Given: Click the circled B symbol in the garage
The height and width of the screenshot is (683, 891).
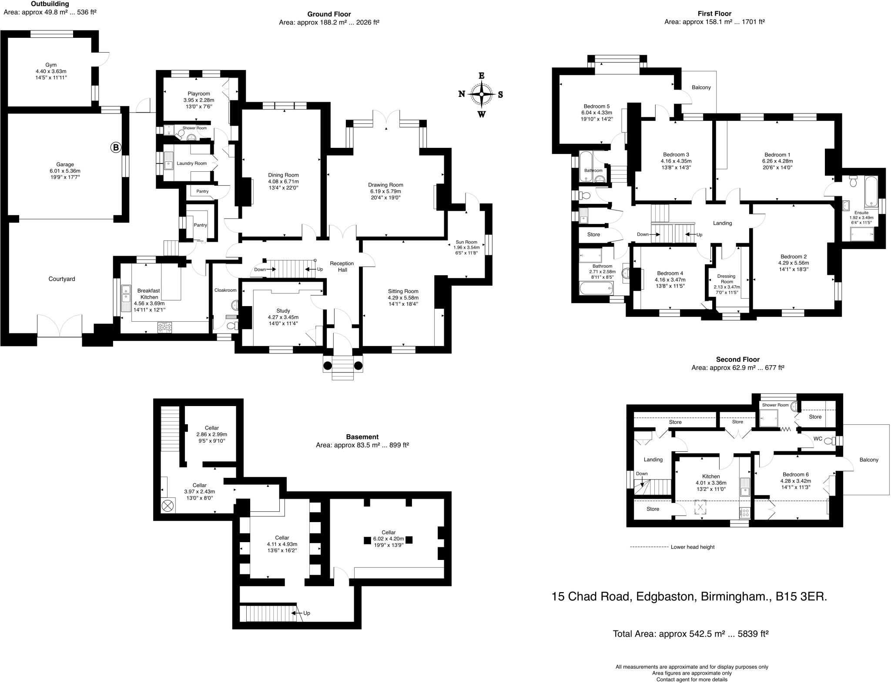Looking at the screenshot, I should pos(115,148).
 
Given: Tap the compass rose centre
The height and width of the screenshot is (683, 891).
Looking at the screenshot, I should pos(482,94).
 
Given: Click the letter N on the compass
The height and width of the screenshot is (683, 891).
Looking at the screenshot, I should pos(462,94).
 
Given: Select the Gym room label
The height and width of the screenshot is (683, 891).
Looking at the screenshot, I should pos(51,65).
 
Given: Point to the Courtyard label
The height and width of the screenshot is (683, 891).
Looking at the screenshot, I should pos(62,279).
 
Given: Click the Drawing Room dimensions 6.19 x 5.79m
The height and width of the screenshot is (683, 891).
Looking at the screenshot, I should pos(385,191).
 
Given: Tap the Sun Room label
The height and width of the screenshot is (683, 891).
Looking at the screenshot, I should pos(466,242).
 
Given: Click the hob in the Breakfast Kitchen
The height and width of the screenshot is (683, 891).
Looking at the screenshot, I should pos(166,327).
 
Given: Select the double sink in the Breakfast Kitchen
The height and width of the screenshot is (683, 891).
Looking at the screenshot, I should pos(126,298).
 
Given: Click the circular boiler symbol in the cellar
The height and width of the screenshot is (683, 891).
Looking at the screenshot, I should pos(167,506).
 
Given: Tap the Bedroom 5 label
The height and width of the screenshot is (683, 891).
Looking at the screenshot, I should pos(596,106).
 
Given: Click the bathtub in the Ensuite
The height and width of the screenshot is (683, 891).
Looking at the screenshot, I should pos(871,191).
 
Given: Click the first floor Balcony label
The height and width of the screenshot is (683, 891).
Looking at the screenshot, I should pos(701,87).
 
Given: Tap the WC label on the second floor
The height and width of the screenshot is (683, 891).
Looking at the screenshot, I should pos(818,439).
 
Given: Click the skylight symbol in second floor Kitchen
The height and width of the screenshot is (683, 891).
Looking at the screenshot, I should pos(700,507).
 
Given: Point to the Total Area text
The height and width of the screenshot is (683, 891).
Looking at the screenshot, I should pos(690,634).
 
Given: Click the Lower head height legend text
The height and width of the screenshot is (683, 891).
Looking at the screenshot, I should pos(693,547).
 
